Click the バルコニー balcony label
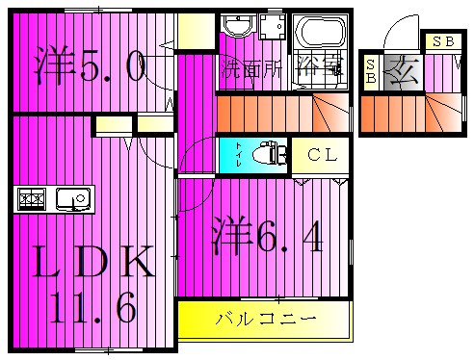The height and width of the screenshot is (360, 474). [x=263, y=318]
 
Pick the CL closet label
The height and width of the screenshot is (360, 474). [x=321, y=154]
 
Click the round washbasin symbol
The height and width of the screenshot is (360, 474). [x=236, y=27]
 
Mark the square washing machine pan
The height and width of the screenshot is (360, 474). [x=271, y=29]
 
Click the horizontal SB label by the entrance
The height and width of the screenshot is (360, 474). [x=442, y=41]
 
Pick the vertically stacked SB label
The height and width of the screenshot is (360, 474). [x=372, y=71]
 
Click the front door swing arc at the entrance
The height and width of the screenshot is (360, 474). [x=395, y=39]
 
